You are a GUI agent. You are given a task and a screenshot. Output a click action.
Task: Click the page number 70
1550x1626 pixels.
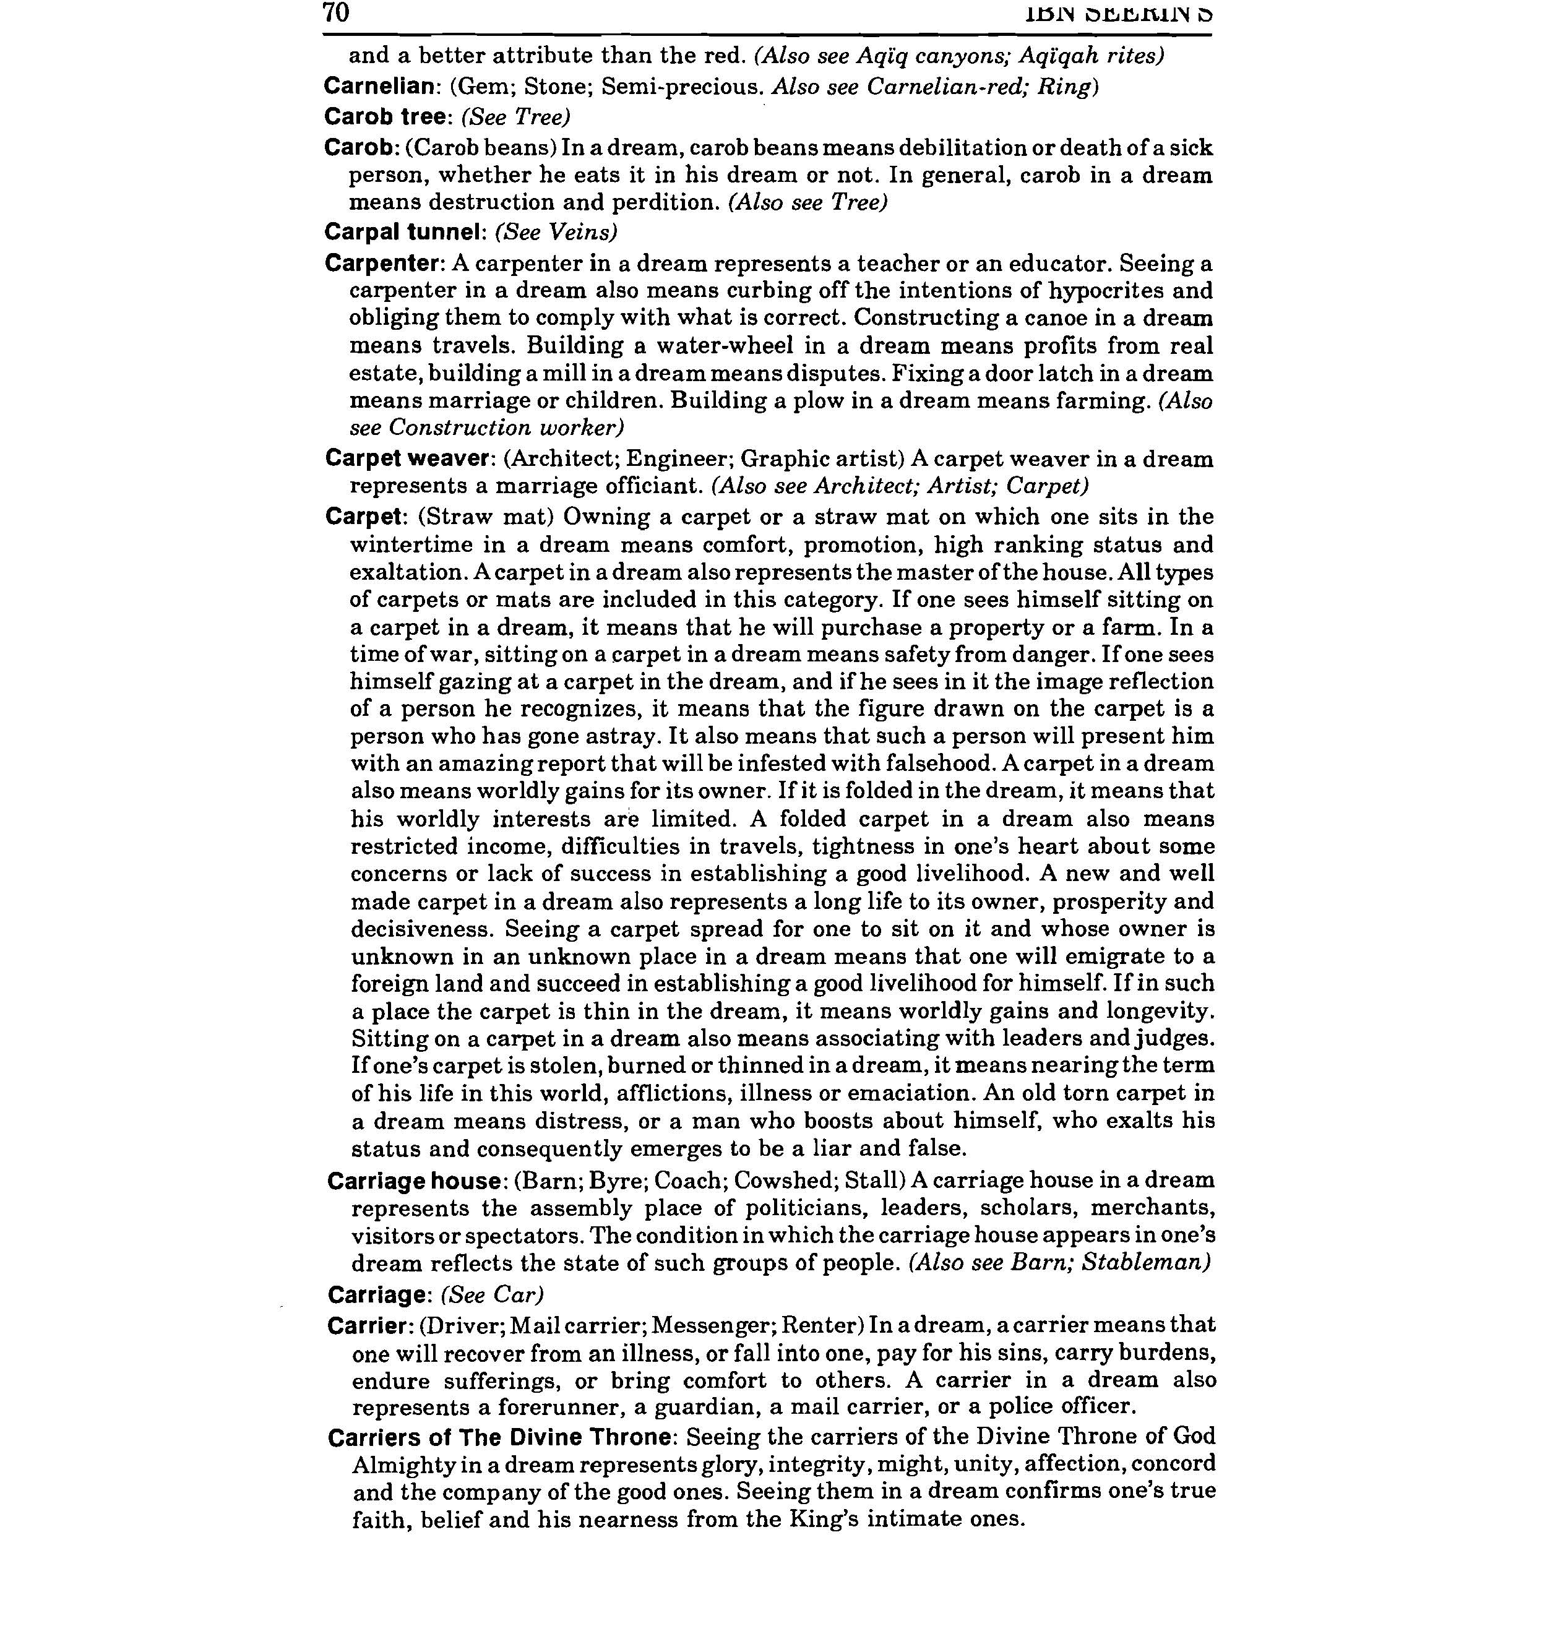click(x=336, y=13)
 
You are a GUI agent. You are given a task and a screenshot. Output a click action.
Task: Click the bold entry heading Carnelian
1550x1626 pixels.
click(x=379, y=86)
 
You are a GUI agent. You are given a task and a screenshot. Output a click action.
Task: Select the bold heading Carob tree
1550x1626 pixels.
click(x=385, y=116)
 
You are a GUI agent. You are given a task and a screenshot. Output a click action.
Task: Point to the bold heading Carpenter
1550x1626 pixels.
click(x=384, y=264)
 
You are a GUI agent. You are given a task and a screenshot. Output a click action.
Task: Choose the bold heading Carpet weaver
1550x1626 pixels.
click(x=409, y=458)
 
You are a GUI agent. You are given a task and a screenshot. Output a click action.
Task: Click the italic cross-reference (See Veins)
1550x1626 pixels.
click(x=556, y=232)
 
